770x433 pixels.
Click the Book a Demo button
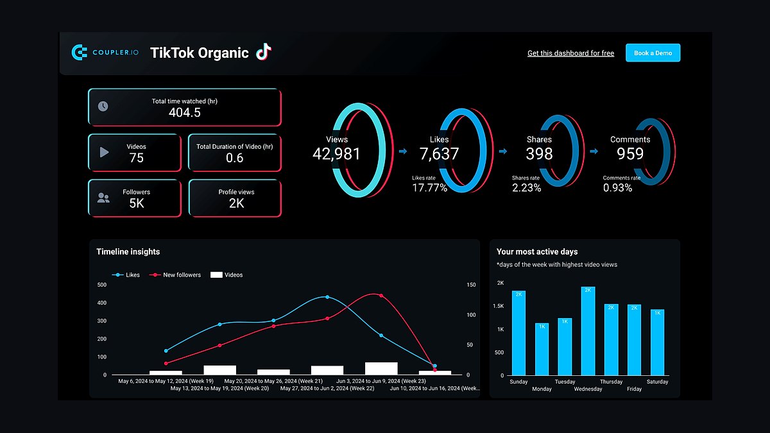653,53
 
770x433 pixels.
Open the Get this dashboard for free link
570,53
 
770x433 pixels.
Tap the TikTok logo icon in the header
264,52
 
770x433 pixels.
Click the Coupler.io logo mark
79,52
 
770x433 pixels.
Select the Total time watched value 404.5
185,113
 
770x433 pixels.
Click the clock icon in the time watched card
103,106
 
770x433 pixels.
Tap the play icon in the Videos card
104,152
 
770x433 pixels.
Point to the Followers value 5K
137,203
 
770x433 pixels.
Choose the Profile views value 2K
237,203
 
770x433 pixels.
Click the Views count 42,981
336,154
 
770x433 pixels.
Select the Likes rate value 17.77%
430,188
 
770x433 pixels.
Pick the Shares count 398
539,153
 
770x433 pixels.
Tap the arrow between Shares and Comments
594,151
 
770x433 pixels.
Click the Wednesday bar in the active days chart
588,331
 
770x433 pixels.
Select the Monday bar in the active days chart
542,349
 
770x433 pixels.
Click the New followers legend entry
175,275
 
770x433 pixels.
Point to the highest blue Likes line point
327,297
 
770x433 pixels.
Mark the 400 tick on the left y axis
102,303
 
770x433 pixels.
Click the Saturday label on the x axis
657,382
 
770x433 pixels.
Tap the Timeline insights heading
128,251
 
